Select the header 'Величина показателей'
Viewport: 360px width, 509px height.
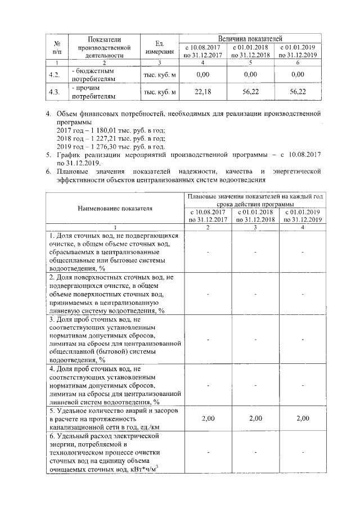(x=250, y=38)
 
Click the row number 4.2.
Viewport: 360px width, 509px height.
(x=55, y=75)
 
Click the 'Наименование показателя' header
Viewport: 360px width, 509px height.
(x=114, y=208)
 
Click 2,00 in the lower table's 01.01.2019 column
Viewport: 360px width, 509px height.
(x=303, y=418)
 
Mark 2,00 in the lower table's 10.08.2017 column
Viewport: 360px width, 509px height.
(x=208, y=418)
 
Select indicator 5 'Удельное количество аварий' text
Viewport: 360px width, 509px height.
(x=114, y=418)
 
